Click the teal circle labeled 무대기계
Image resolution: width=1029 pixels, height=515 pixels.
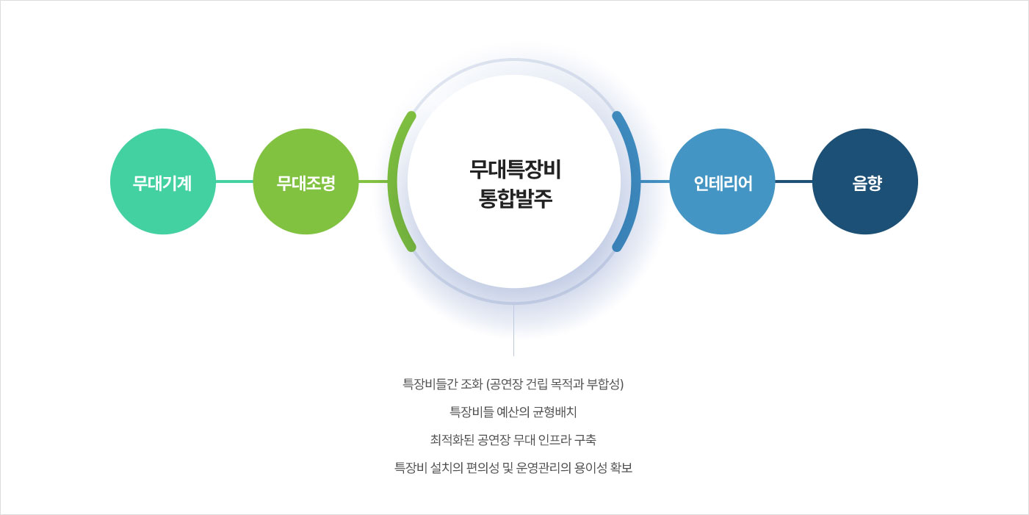(163, 181)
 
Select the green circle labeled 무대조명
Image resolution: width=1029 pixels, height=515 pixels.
(306, 181)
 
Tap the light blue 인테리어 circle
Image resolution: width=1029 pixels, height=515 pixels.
(722, 181)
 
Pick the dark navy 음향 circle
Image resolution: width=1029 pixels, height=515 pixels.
(865, 181)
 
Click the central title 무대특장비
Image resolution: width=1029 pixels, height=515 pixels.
(515, 169)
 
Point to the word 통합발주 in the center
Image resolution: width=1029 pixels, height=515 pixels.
(515, 199)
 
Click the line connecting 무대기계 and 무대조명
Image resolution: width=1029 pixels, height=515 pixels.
(234, 181)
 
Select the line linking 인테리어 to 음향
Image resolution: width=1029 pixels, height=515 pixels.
(793, 181)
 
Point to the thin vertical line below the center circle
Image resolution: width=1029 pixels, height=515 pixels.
(513, 331)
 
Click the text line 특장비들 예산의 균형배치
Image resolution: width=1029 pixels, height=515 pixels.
(513, 412)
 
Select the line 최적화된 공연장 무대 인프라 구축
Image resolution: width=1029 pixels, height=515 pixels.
(513, 440)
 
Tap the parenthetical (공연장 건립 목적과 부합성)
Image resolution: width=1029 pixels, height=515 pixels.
(555, 384)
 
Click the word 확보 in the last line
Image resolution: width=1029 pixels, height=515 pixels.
(621, 468)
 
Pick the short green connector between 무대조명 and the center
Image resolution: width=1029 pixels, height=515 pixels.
(373, 181)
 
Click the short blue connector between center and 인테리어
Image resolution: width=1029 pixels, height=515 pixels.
(655, 181)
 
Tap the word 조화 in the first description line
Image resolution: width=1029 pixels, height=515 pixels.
(471, 384)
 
